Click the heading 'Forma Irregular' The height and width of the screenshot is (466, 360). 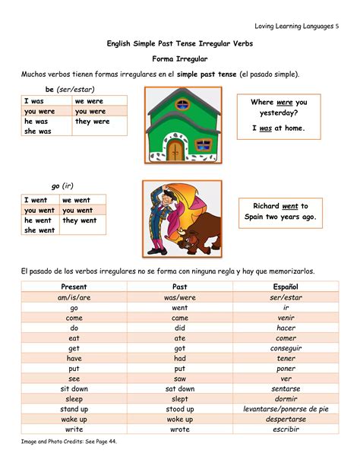(180, 59)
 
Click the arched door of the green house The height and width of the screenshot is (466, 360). (175, 147)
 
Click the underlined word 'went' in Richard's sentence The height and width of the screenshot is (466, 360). (290, 205)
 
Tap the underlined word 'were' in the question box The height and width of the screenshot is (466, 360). (285, 102)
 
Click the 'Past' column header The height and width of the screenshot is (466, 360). (179, 287)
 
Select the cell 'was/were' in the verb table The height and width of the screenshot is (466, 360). (179, 297)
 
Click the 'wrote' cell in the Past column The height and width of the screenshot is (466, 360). (179, 429)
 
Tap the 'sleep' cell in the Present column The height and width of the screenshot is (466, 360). (74, 398)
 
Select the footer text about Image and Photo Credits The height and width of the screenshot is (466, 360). (70, 441)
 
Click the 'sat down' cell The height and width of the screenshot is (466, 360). (179, 388)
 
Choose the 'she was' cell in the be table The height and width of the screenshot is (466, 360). (39, 131)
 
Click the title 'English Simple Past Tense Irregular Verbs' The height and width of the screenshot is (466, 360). (180, 44)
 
